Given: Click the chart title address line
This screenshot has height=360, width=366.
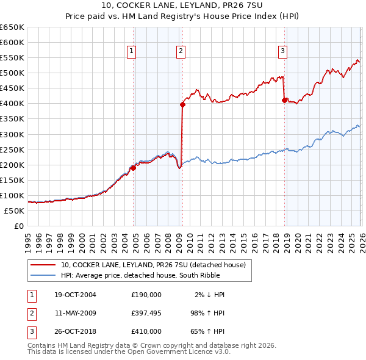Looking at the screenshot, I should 182,5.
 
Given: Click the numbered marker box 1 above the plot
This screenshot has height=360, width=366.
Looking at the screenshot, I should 132,52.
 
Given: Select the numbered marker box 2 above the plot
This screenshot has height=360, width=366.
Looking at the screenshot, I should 181,52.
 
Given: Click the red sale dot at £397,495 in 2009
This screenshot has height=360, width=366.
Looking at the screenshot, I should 182,104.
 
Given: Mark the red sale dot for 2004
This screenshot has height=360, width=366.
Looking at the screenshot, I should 134,168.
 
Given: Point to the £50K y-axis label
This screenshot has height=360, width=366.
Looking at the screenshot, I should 15,211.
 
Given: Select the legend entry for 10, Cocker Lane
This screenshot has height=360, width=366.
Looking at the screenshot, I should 152,265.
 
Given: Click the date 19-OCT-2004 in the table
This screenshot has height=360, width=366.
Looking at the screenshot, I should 75,295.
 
